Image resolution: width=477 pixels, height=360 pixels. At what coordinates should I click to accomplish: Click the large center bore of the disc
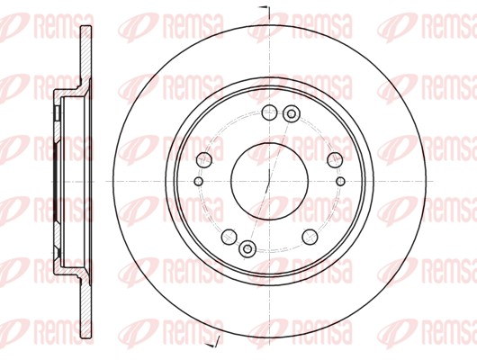pos(269,182)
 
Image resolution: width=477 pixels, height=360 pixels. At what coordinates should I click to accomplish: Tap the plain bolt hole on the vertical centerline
pos(269,112)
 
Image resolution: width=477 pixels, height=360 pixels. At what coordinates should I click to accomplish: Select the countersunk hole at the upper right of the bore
pos(292,114)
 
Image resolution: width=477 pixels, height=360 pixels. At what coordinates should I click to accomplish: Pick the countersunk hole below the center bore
pos(247,249)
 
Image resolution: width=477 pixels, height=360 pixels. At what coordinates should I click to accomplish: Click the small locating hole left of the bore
pos(198,182)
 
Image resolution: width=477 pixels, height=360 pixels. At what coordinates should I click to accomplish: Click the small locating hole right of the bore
pos(341,182)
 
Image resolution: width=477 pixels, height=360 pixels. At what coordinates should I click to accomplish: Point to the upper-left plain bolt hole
pos(204,159)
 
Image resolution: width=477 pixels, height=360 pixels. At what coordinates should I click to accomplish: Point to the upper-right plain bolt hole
pos(335,159)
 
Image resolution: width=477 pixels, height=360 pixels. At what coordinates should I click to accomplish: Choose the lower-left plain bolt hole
pos(229,237)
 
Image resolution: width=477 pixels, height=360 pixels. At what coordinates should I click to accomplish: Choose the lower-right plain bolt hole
pos(310,237)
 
